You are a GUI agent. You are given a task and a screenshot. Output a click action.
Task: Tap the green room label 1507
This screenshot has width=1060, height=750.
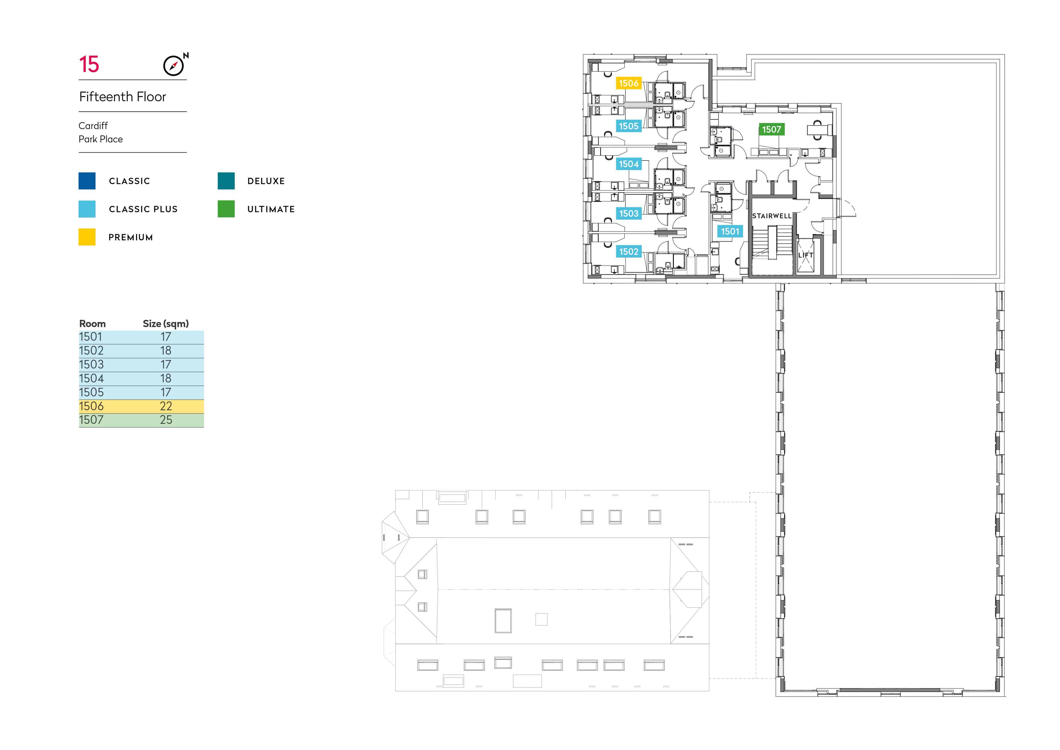tap(771, 130)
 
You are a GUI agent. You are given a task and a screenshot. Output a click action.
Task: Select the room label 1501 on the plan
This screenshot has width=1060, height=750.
tap(730, 231)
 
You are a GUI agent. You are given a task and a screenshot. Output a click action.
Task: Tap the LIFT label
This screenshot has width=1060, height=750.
tap(806, 255)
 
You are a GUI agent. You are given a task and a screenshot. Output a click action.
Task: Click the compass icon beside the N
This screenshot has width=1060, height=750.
tap(173, 66)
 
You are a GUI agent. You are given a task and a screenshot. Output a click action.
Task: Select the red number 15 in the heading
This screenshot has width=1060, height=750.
tap(89, 64)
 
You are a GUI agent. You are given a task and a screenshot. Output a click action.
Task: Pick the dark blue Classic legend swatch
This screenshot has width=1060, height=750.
tap(87, 180)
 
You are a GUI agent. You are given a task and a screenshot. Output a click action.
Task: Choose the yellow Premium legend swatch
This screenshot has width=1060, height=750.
tap(87, 237)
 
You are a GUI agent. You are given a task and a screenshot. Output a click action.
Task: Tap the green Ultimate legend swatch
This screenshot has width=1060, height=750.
tap(226, 209)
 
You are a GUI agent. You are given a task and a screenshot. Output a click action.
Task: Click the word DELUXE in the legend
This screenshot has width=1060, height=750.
tap(266, 181)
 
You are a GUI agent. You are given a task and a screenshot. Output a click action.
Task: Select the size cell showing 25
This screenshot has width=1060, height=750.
tap(166, 420)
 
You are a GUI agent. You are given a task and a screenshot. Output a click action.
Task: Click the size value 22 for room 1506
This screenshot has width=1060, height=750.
tap(166, 406)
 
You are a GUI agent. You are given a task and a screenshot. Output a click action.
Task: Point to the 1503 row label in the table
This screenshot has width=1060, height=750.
tap(92, 364)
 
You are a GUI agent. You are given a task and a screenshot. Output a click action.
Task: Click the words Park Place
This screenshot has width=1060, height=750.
tap(101, 139)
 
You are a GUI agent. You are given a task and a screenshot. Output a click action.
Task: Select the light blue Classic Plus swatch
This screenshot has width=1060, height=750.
tap(87, 209)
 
